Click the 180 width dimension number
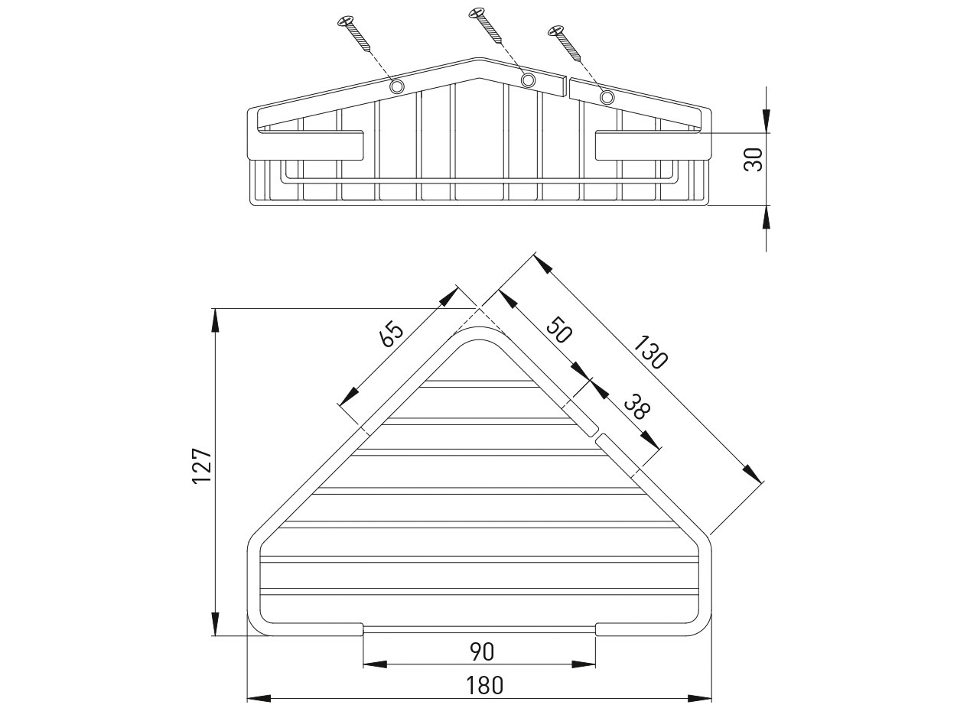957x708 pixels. pos(484,685)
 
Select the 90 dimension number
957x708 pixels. pos(482,651)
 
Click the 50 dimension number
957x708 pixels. pos(560,330)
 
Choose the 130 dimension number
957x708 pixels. pos(651,352)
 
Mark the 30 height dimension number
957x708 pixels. pos(754,160)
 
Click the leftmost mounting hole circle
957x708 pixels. pos(396,86)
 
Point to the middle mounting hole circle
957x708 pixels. pos(528,80)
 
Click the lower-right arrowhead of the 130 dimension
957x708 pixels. pos(754,473)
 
